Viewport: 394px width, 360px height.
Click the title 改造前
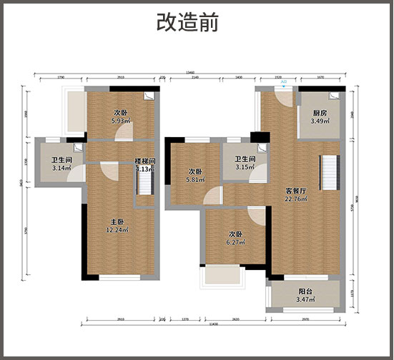click(x=188, y=21)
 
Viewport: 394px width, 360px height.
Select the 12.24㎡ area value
click(x=117, y=230)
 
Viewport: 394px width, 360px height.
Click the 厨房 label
click(x=320, y=113)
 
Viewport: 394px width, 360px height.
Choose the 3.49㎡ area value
click(x=320, y=121)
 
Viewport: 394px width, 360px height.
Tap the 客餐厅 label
click(x=296, y=191)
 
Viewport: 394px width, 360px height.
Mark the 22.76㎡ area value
click(x=296, y=199)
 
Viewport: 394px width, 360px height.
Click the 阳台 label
click(x=305, y=291)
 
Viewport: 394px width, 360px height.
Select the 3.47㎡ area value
click(x=305, y=299)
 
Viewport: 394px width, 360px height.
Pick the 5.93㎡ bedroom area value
click(x=121, y=121)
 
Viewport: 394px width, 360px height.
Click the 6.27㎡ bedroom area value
click(x=235, y=243)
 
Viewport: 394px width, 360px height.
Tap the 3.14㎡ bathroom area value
click(x=61, y=169)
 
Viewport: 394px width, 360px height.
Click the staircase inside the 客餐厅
click(x=330, y=171)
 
